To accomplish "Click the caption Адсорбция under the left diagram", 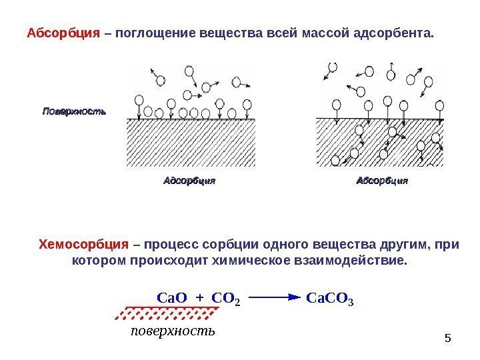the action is (190, 180).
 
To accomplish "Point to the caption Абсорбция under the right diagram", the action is (382, 180).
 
